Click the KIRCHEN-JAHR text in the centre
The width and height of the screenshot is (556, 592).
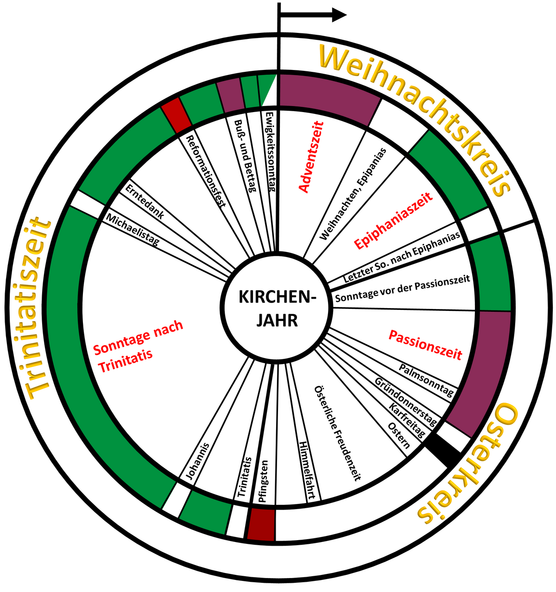[277, 308]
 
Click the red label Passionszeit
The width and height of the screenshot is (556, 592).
[425, 345]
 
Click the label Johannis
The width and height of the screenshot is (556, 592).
[197, 461]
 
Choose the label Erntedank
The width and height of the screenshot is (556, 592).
[144, 204]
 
